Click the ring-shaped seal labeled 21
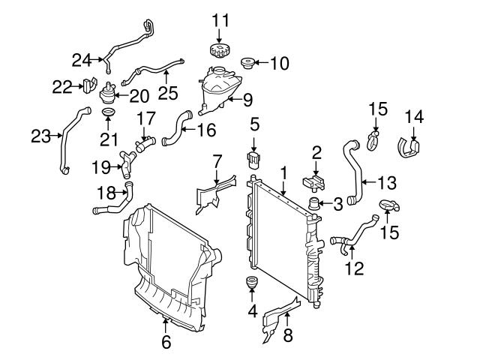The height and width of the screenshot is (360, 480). (x=108, y=114)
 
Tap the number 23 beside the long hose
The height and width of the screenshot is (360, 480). (x=42, y=136)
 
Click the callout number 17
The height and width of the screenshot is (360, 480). (x=145, y=118)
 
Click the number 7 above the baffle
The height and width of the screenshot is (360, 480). (x=217, y=160)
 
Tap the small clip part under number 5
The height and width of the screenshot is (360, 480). (x=255, y=159)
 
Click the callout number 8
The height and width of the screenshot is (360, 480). (x=287, y=337)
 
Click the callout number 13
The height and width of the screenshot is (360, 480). (x=386, y=181)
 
